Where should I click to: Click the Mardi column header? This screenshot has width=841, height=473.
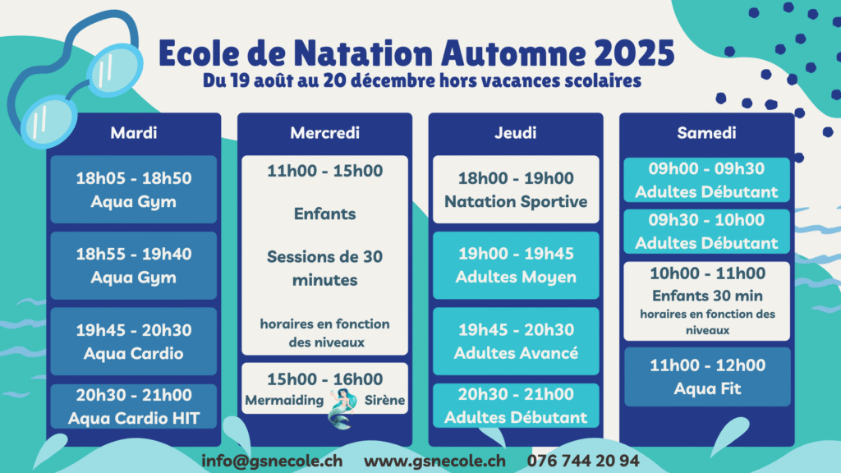coord(134,132)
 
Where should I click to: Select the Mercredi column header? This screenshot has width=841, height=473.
coord(324,132)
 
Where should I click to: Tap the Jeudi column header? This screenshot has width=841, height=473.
coord(516,132)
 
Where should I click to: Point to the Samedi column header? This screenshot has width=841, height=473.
coord(706,132)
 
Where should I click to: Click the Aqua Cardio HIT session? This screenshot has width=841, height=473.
coord(134,406)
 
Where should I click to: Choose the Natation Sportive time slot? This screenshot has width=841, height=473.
coord(516,190)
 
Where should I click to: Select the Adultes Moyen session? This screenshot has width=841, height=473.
coord(516,265)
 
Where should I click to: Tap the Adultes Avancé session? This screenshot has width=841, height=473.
coord(516,341)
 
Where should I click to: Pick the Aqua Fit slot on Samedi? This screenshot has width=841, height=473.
coord(707,376)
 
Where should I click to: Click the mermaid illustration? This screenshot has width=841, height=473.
coord(342,409)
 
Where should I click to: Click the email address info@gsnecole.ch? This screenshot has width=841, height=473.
coord(272,461)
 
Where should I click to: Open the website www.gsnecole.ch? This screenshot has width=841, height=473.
coord(434,461)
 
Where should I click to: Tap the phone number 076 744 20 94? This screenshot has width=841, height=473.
coord(583,461)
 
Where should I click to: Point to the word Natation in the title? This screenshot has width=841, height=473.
coord(363,53)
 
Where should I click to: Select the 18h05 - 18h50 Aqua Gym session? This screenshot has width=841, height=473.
coord(134,190)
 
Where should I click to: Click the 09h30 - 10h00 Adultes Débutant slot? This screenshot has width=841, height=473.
coord(706,231)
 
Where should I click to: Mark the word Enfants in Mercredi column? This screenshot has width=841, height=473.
coord(324,214)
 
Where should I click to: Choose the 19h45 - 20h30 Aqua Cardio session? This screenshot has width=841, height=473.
coord(134,341)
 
